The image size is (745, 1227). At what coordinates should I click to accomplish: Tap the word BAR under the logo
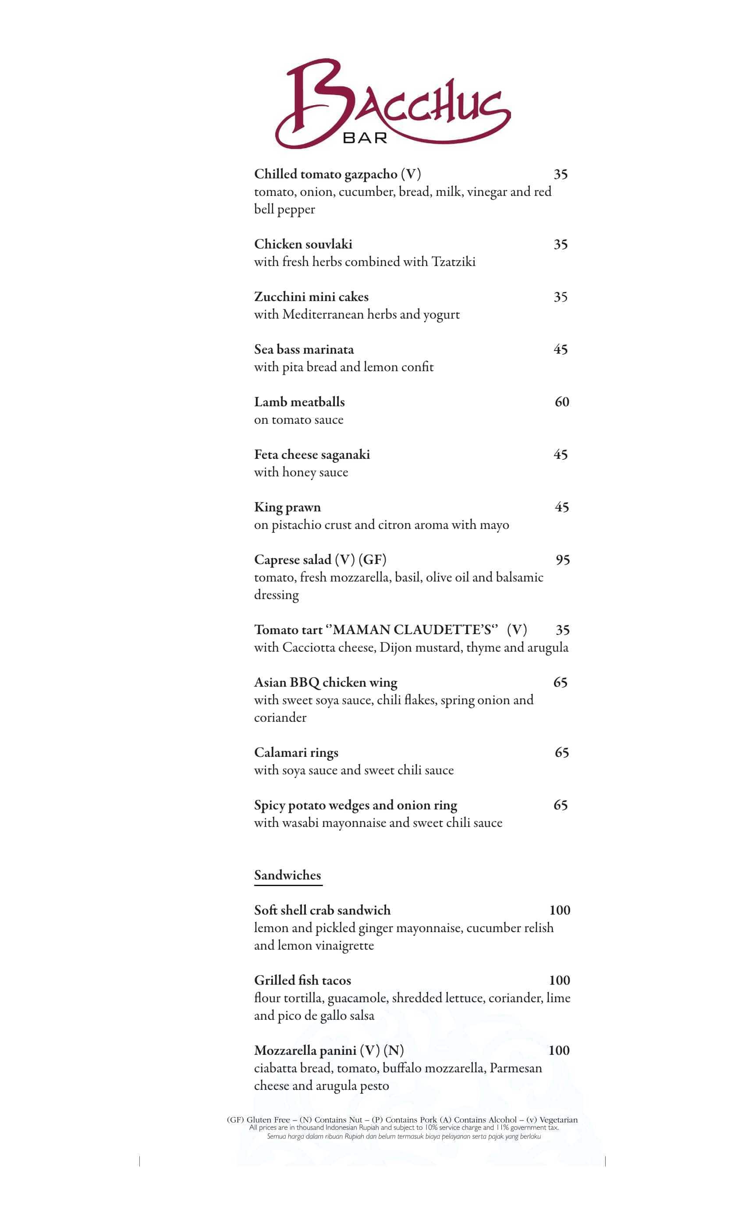[x=365, y=138]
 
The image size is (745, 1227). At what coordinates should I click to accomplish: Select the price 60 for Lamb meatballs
[x=561, y=402]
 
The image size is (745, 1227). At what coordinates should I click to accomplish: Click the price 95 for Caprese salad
[x=562, y=560]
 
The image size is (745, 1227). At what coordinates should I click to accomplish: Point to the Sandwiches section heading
[x=287, y=875]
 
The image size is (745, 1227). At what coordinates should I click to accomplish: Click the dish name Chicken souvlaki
[x=303, y=244]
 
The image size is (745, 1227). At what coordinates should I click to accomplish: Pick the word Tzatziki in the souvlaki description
[x=453, y=262]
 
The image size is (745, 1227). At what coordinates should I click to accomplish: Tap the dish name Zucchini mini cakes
[x=311, y=297]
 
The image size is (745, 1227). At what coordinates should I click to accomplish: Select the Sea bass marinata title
[x=304, y=350]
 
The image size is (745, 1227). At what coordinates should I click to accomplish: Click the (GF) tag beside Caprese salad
[x=372, y=560]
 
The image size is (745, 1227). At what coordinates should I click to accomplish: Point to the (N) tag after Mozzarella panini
[x=394, y=1050]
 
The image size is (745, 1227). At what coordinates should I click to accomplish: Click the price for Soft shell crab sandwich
[x=559, y=910]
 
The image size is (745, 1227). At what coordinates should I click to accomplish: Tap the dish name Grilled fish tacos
[x=302, y=981]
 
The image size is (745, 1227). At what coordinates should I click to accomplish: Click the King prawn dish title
[x=287, y=507]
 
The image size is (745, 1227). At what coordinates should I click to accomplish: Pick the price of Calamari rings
[x=561, y=752]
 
